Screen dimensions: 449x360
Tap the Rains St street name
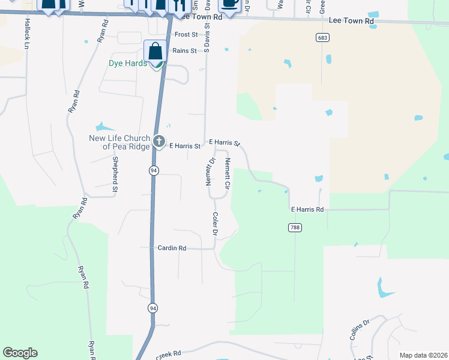coord(184,51)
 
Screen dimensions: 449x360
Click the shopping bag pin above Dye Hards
coord(155,52)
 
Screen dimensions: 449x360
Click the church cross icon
coord(158,142)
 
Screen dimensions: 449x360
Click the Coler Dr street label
coord(215,223)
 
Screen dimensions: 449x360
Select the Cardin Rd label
coord(172,248)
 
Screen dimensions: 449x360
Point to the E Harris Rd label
coord(307,209)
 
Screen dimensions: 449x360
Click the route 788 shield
coord(294,227)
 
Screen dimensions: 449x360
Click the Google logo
coord(20,353)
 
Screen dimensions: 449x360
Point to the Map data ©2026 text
coord(423,355)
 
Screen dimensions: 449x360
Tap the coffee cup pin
coord(229,3)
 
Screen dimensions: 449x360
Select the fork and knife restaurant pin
coord(177,5)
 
